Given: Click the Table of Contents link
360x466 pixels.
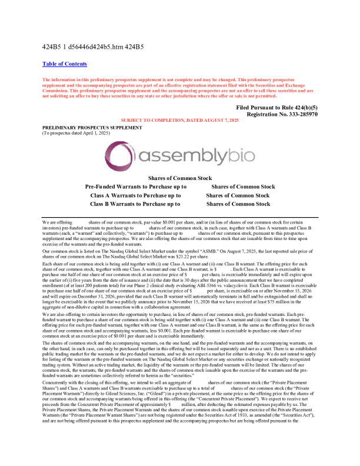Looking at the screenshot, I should click(65, 64).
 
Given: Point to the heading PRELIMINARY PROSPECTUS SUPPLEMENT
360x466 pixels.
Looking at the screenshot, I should click(92, 128).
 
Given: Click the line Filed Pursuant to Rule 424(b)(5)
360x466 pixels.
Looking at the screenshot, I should click(276, 108).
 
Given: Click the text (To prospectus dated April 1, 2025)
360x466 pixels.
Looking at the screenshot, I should click(76, 134).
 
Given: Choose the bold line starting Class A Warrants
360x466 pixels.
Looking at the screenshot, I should click(135, 195).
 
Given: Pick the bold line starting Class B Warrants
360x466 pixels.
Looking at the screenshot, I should click(135, 204).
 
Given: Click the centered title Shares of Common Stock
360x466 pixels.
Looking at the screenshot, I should click(180, 177).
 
